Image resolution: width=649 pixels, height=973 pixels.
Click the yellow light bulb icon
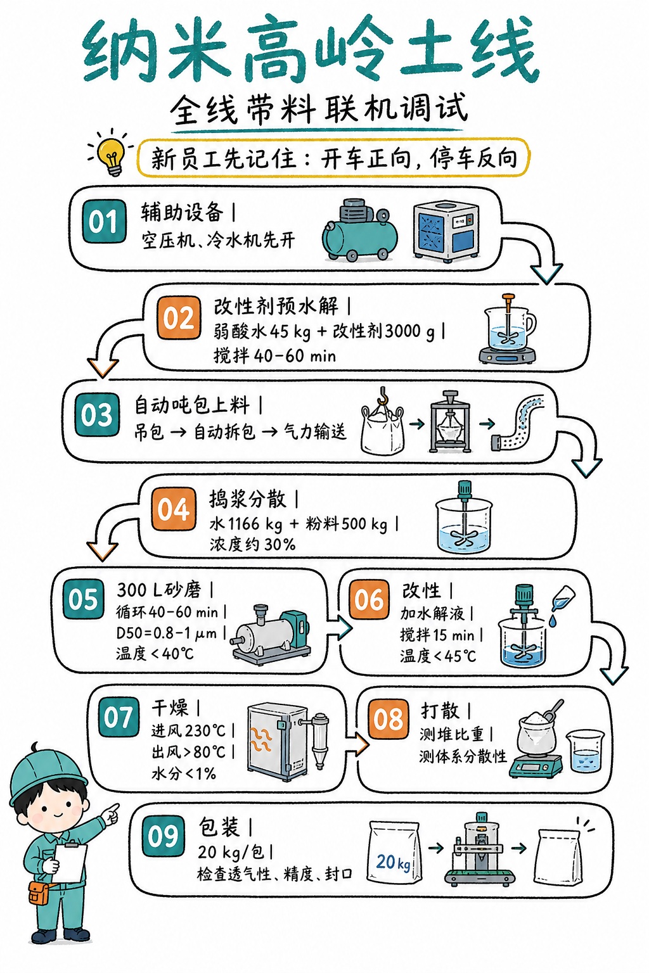coord(113,156)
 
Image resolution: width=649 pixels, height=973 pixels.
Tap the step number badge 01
coord(104,222)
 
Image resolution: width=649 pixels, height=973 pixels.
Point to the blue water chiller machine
coord(446,232)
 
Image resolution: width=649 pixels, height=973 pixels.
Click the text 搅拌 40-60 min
coord(274,356)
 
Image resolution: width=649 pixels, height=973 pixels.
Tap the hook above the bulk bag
coord(383,396)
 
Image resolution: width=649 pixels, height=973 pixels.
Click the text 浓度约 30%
coord(252,544)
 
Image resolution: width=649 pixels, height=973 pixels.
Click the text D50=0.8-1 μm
coord(166,633)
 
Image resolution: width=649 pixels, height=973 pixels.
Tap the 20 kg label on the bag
coord(393,862)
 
